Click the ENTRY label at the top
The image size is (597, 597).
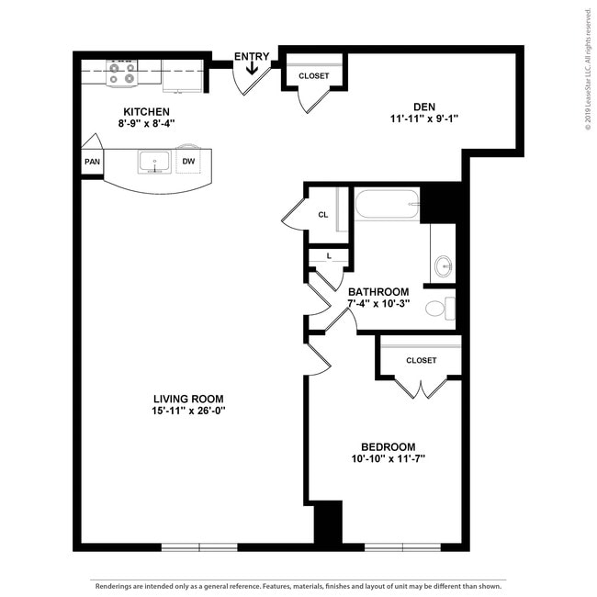pos(252,57)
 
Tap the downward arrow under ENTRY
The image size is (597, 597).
pos(252,72)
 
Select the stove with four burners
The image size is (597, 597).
pos(121,73)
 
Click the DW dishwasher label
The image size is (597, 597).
pos(188,162)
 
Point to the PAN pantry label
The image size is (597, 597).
pos(92,162)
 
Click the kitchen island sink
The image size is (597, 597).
pos(153,163)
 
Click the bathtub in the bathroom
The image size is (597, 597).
pos(387,203)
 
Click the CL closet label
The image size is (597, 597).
pos(323,214)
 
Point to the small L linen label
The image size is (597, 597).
pos(328,256)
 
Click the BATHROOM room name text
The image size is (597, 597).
pos(377,292)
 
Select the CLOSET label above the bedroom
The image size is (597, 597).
pos(421,360)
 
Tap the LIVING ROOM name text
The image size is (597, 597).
pos(189,399)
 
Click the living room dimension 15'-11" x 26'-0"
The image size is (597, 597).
pos(189,411)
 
